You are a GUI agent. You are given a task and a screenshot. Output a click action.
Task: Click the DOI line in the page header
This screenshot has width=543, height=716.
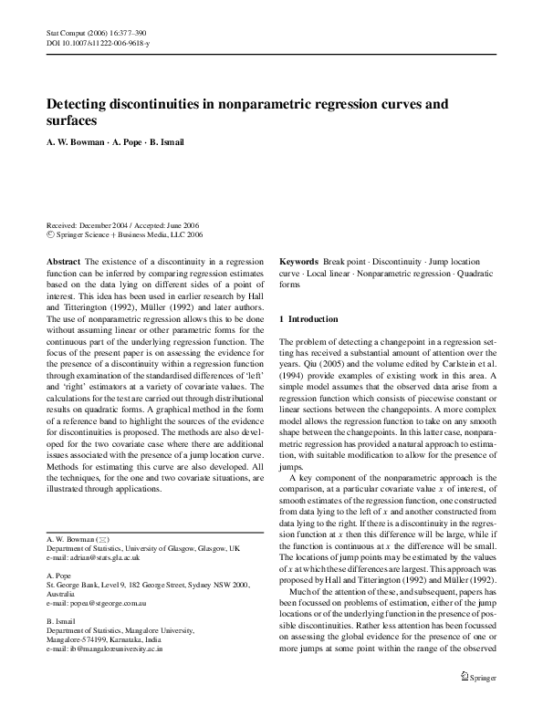98,42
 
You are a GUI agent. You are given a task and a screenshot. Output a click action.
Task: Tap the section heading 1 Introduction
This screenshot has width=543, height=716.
313,319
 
